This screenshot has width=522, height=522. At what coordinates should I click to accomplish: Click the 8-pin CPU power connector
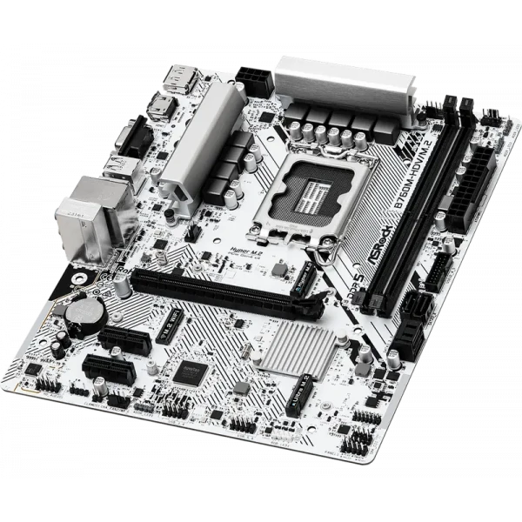255,79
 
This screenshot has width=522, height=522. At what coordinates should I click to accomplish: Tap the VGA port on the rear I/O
130,137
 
